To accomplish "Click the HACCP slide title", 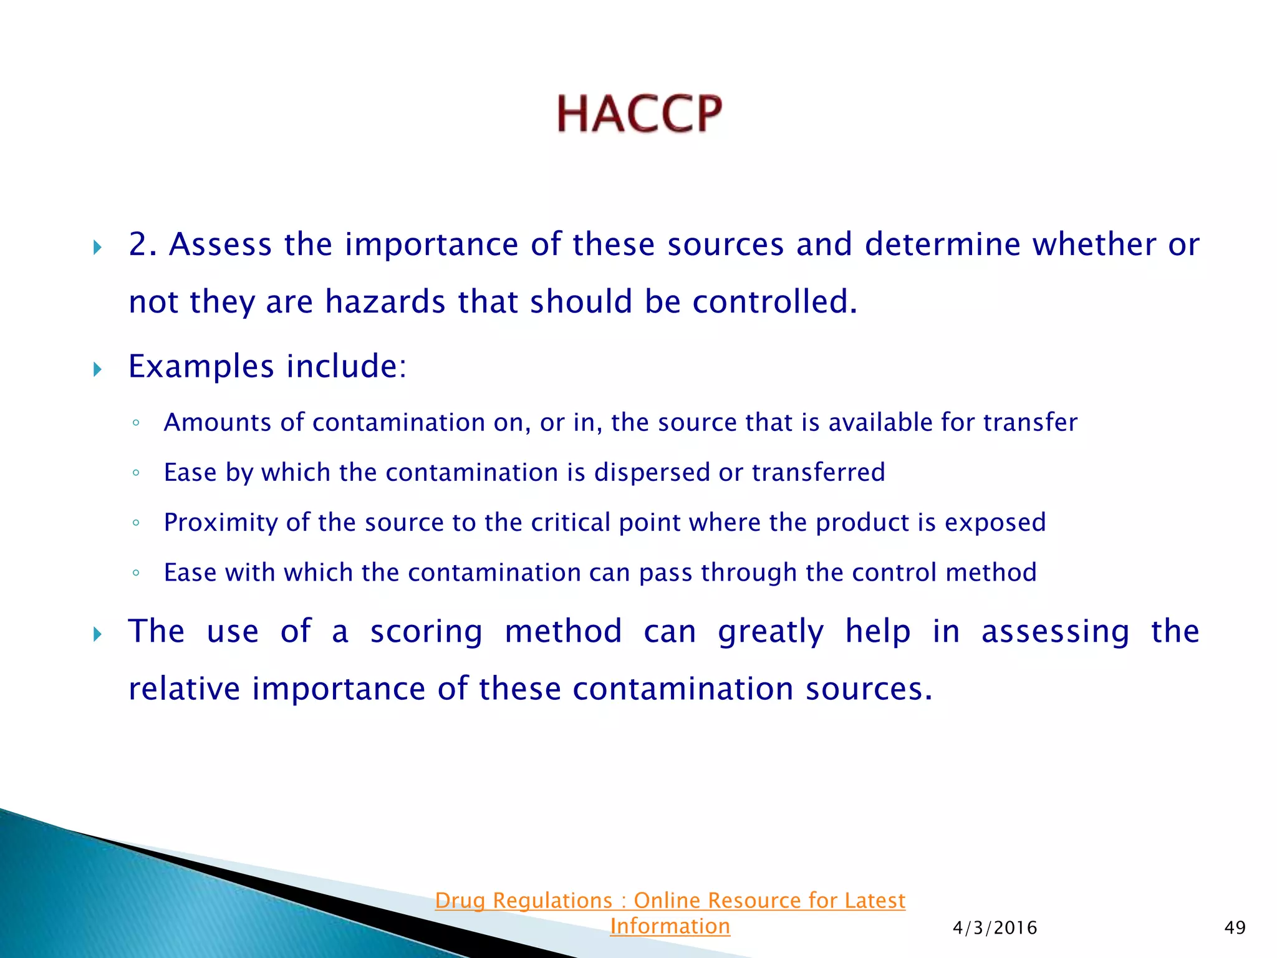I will (639, 114).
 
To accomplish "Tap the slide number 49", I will (1235, 928).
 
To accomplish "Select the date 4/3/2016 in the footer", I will (995, 928).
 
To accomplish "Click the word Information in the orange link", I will (670, 926).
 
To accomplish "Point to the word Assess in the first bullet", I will (220, 244).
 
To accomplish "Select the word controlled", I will (774, 302).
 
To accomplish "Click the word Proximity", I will (221, 523).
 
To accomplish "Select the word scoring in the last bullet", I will (426, 632).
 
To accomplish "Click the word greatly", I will (771, 632).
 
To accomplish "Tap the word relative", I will (184, 689).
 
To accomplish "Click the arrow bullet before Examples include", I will (97, 369).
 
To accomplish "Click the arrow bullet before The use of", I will (97, 635).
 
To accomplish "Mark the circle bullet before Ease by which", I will (136, 473).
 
